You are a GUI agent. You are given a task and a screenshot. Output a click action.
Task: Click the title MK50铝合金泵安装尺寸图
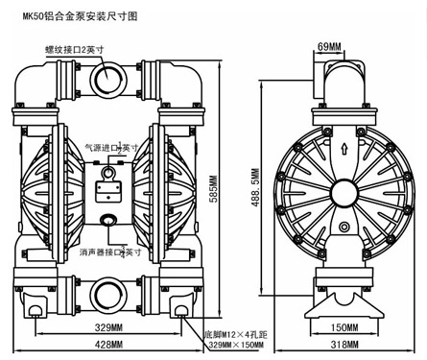coord(80,16)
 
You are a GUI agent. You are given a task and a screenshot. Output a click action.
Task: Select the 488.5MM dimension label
coord(255,187)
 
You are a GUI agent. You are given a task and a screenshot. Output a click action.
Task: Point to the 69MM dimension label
coord(329,47)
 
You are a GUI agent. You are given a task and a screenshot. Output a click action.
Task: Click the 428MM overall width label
coord(108,345)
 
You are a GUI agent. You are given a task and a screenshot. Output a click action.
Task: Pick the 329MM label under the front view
coord(108,327)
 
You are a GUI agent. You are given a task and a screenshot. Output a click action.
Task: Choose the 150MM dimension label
coord(344,327)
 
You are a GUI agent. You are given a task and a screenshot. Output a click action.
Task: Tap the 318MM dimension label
coord(344,345)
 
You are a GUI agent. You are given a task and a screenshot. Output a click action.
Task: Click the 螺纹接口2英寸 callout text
coord(75,50)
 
